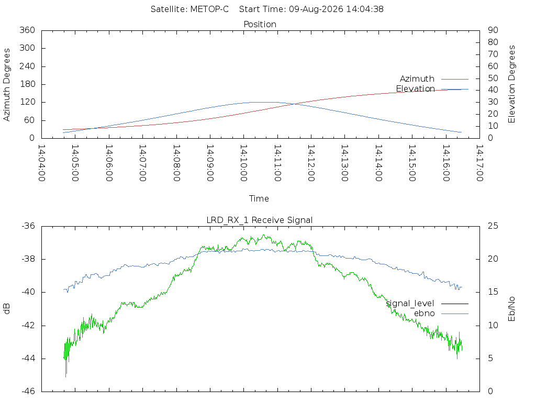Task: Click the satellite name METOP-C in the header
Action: [209, 9]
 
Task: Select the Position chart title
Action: [260, 24]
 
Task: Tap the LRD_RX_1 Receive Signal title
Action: [260, 220]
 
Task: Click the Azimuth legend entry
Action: [417, 79]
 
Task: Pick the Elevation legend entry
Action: [415, 89]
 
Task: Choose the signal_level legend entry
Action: [410, 304]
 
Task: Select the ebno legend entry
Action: [424, 314]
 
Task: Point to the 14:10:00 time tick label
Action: [244, 163]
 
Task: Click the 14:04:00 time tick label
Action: [42, 163]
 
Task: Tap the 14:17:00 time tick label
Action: [479, 163]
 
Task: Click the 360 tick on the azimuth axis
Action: [27, 30]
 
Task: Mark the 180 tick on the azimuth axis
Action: [27, 84]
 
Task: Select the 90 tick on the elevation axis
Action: [493, 30]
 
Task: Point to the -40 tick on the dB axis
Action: [28, 292]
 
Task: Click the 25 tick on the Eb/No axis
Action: [493, 226]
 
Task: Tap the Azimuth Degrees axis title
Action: [6, 84]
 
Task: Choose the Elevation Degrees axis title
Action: [511, 84]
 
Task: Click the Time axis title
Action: [259, 198]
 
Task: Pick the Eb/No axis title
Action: [511, 309]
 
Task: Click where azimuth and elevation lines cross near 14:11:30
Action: [293, 104]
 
